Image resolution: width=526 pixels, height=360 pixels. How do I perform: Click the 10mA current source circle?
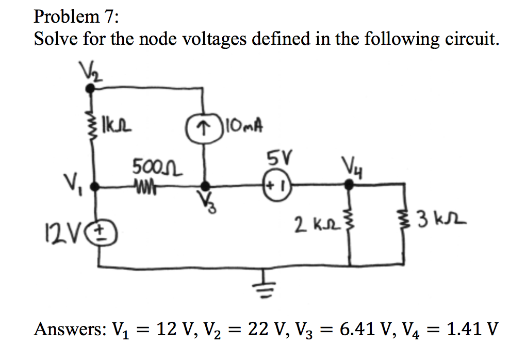click(205, 126)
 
